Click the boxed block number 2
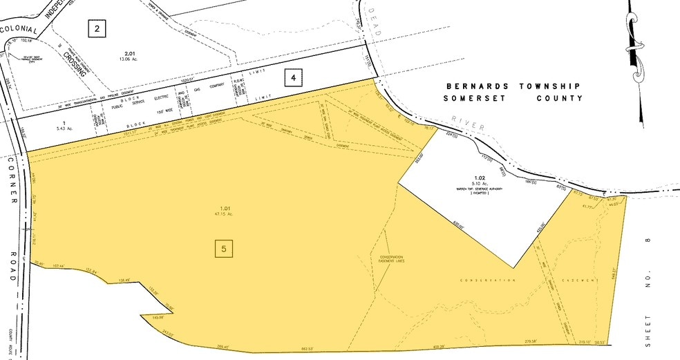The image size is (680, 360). click(x=97, y=28)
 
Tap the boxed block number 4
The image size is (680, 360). click(x=294, y=79)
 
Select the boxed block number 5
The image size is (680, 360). click(x=222, y=248)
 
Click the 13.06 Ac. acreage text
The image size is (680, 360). click(x=129, y=59)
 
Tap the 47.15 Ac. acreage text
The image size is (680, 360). click(x=223, y=214)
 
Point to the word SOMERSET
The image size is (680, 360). click(x=471, y=99)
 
